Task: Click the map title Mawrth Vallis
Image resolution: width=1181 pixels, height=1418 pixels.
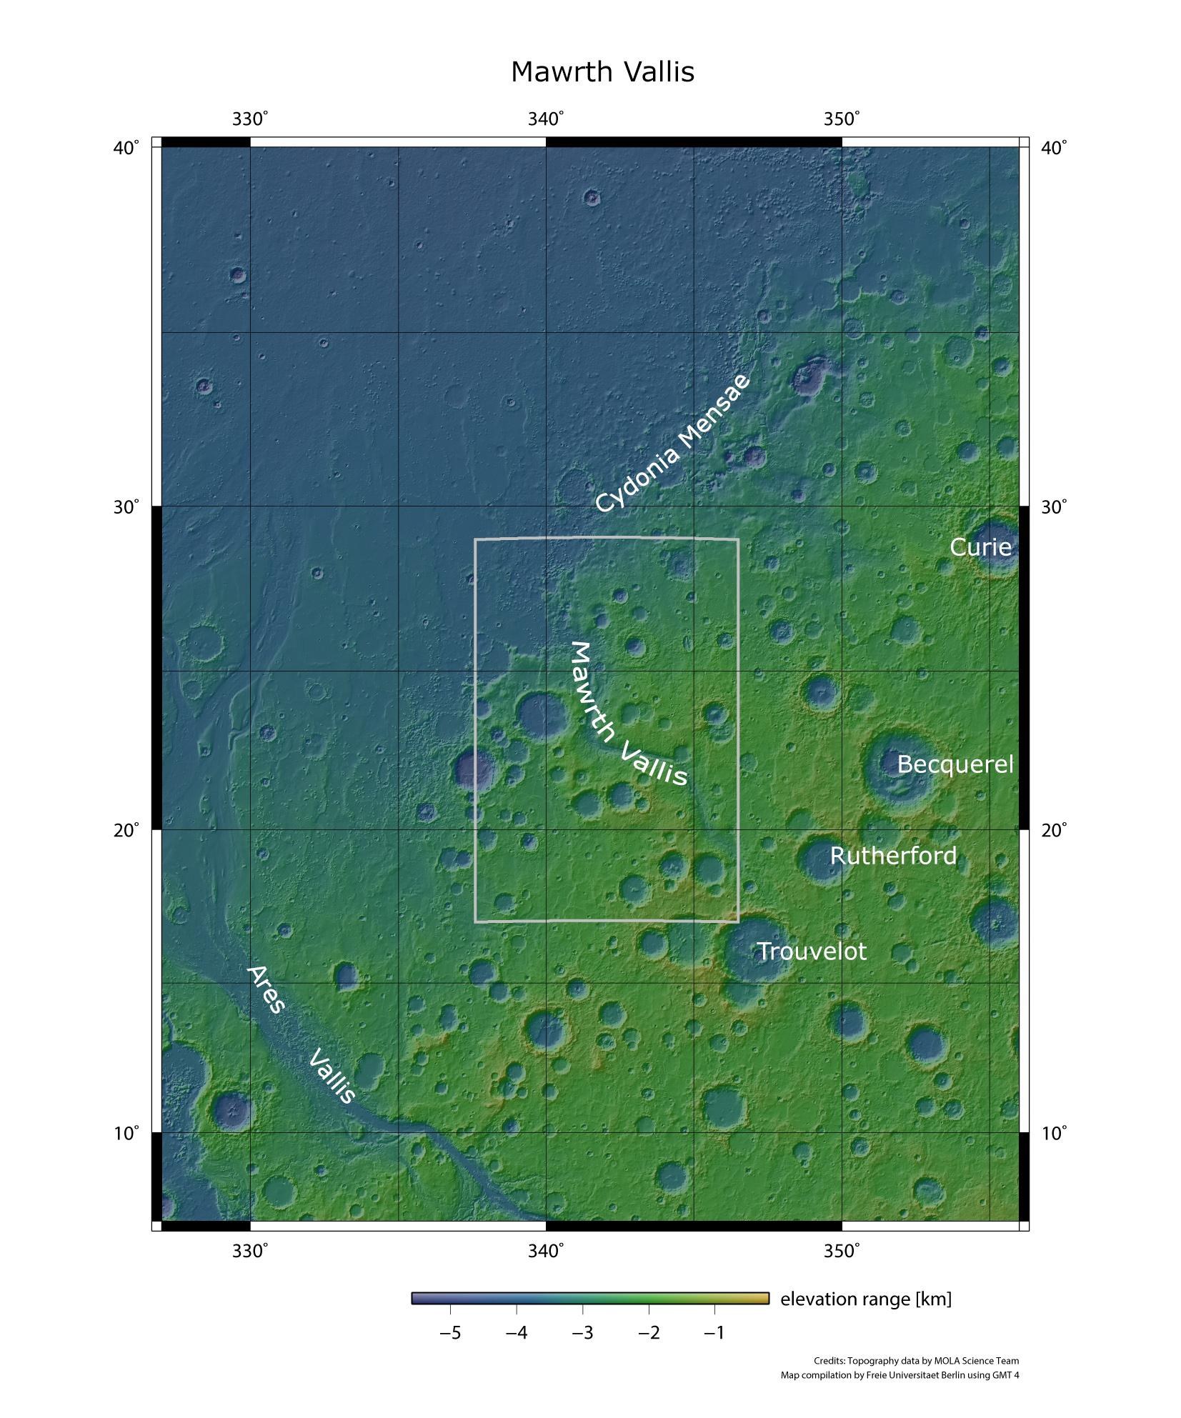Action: tap(602, 72)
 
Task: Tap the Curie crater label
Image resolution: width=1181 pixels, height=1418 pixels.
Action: tap(980, 547)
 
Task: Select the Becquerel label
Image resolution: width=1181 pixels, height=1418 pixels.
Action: tap(955, 764)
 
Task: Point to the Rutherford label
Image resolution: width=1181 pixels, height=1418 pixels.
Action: tap(892, 856)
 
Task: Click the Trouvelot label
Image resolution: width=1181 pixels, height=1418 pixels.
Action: tap(811, 952)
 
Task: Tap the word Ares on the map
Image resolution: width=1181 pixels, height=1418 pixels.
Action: tap(266, 990)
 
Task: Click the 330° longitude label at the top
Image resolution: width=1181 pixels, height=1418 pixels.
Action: tap(250, 119)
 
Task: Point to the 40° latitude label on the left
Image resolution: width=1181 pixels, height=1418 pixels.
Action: tap(126, 148)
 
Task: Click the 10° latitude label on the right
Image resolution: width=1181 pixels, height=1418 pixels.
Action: tap(1054, 1133)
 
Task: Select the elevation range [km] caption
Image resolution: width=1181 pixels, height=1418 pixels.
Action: tap(865, 1299)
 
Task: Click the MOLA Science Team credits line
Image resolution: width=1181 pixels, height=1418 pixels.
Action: tap(916, 1361)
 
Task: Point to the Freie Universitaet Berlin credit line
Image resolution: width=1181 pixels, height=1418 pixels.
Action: tap(900, 1375)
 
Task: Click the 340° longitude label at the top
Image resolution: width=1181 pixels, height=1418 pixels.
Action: tap(546, 119)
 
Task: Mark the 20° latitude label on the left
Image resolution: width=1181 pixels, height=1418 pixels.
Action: tap(126, 830)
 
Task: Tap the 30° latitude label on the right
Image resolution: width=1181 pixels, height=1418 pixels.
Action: tap(1054, 507)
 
